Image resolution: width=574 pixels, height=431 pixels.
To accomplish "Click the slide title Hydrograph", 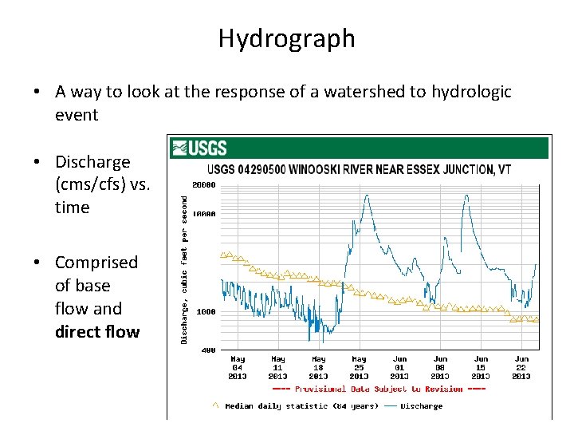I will [x=286, y=38].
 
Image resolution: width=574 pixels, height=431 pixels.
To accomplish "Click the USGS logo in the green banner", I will [x=199, y=148].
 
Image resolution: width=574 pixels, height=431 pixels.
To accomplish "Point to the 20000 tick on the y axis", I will [x=205, y=185].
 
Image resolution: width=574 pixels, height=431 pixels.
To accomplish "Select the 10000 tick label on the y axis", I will [x=205, y=214].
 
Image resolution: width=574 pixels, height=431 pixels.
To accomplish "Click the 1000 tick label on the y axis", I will [x=207, y=312].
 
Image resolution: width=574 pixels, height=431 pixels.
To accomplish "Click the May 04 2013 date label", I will [x=238, y=368].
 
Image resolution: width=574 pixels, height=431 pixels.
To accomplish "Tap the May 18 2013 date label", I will [x=318, y=368].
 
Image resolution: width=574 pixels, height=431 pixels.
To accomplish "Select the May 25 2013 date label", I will [x=359, y=368].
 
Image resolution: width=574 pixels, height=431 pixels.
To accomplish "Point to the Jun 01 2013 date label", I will [x=399, y=368].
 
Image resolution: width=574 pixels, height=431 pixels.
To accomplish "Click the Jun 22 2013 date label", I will [x=521, y=368].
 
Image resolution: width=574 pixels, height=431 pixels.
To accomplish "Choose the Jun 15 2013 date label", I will [x=481, y=368].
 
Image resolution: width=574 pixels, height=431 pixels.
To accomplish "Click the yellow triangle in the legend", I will [x=215, y=405].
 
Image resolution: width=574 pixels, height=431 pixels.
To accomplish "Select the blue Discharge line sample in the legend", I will [x=391, y=405].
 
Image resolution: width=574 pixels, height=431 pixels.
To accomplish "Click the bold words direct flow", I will [x=96, y=331].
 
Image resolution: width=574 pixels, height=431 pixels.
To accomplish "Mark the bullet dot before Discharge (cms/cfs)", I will [x=38, y=162].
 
